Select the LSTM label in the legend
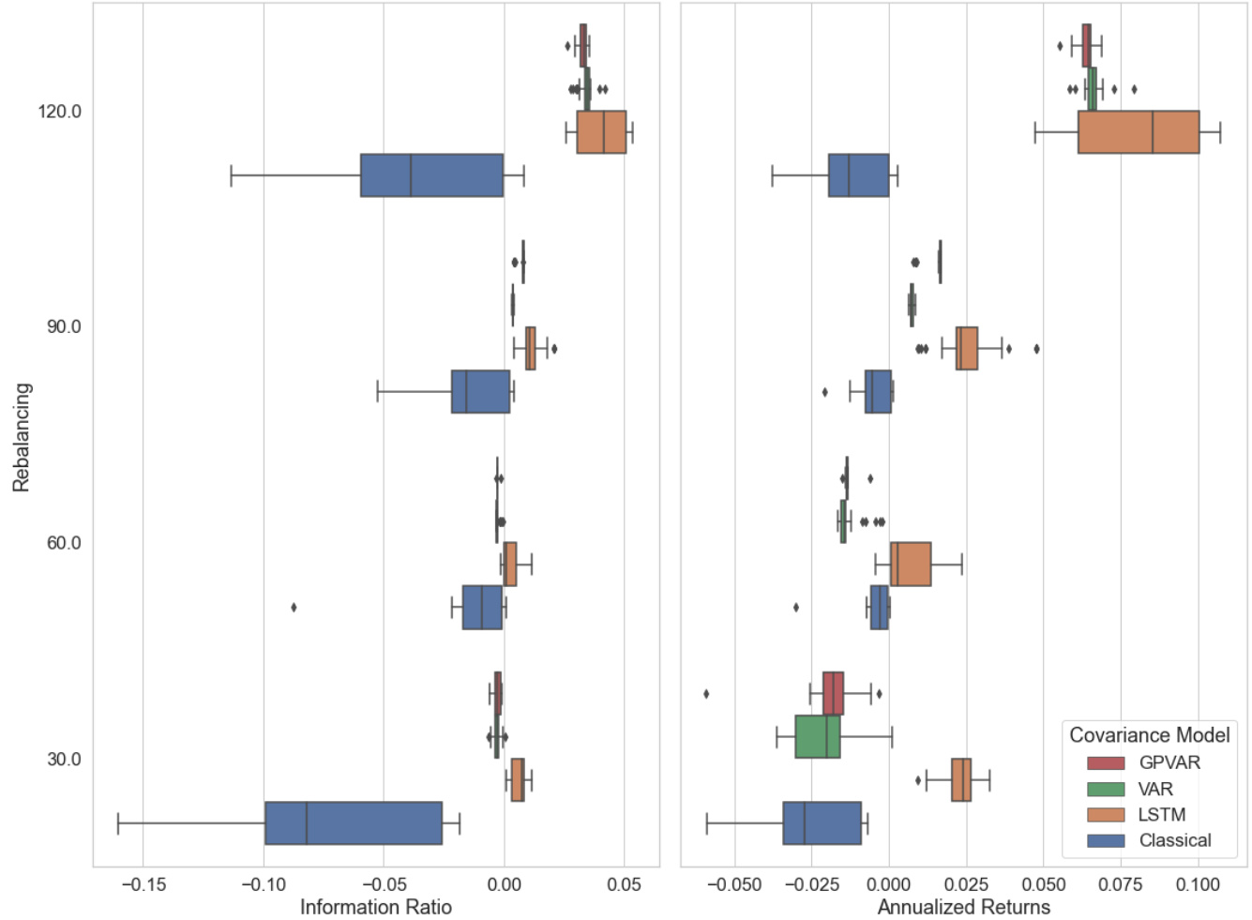(1161, 815)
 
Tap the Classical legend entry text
(1174, 841)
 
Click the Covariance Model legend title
(1149, 735)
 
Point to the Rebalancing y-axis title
(22, 437)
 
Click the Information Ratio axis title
(375, 907)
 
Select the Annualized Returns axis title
(963, 907)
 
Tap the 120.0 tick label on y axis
(59, 112)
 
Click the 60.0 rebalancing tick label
(64, 543)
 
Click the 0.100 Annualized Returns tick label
(1198, 884)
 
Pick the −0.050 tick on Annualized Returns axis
(733, 884)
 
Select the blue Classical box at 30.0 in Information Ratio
(353, 822)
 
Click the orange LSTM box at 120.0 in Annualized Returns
(1138, 132)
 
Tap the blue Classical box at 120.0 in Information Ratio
(431, 175)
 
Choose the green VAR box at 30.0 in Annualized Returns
(817, 737)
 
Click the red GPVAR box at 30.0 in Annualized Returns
(833, 694)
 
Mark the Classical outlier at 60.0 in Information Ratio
(294, 608)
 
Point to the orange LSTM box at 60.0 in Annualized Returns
(910, 564)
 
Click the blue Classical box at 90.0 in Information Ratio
(480, 392)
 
